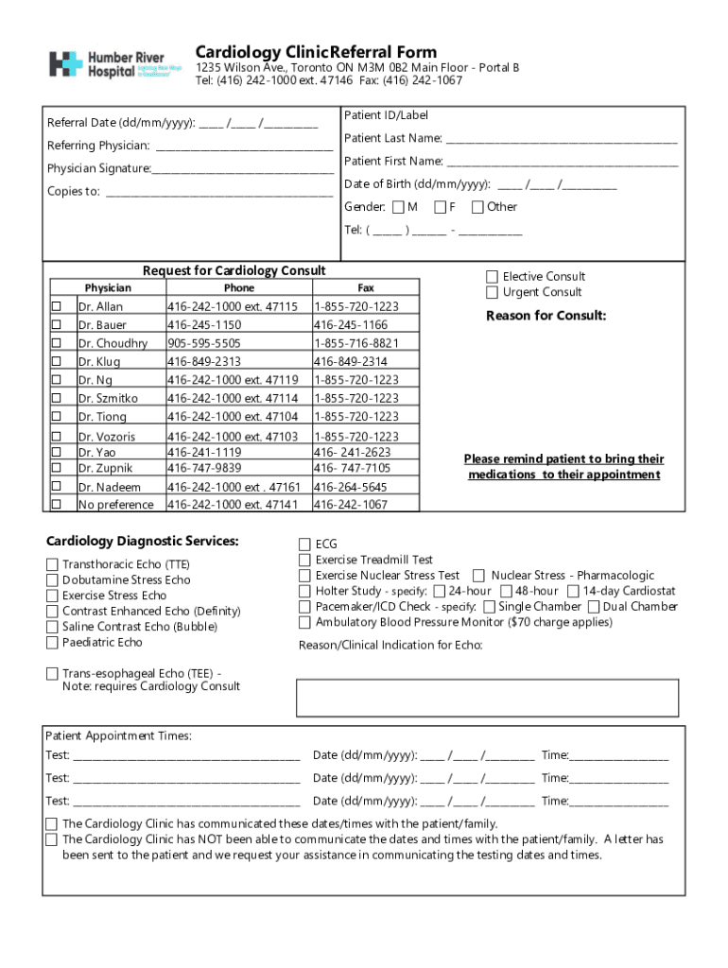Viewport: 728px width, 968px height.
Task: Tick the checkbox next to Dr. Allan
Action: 57,306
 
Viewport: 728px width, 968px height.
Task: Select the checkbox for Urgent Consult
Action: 492,292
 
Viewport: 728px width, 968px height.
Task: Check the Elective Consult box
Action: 492,276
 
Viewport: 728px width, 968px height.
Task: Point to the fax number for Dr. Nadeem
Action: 350,487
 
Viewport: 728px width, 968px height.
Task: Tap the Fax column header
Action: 365,287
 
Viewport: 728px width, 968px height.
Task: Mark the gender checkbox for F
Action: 441,207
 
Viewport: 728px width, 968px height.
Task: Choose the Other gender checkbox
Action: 478,207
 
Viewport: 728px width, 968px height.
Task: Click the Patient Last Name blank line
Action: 562,139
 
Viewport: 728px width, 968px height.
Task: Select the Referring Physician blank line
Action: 244,147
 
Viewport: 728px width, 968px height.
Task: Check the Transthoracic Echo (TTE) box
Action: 52,564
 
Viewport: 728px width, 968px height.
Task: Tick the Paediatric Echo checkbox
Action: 52,643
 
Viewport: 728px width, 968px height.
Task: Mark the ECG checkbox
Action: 304,544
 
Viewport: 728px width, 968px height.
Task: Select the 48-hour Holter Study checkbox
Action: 506,591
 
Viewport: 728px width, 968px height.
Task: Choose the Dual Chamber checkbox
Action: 594,606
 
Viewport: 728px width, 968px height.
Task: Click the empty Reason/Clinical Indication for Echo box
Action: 487,697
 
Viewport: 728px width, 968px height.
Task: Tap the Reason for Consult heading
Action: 546,316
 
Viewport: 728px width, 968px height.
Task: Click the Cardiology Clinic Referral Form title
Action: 316,52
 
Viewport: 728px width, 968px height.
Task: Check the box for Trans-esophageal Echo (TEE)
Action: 52,673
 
